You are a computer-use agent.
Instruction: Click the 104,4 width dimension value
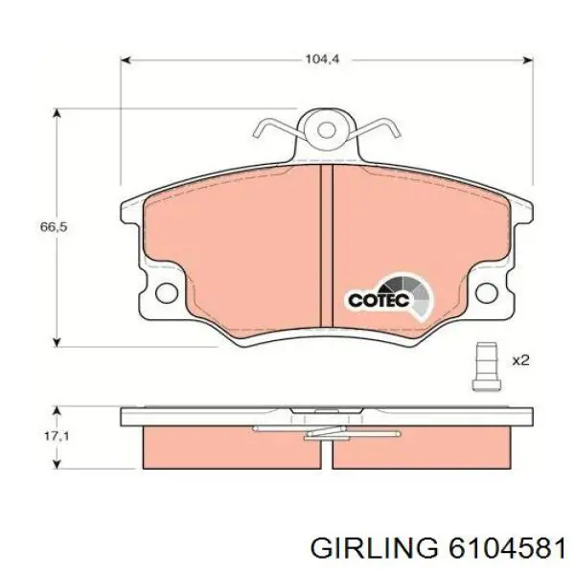pyautogui.click(x=323, y=58)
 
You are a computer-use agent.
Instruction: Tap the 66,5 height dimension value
pyautogui.click(x=54, y=227)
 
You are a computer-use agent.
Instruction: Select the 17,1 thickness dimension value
pyautogui.click(x=57, y=436)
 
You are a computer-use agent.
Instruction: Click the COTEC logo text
pyautogui.click(x=379, y=300)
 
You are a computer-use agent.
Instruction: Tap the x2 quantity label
pyautogui.click(x=520, y=360)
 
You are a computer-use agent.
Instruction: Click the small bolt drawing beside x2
pyautogui.click(x=486, y=367)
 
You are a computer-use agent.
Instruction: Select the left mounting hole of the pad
pyautogui.click(x=167, y=293)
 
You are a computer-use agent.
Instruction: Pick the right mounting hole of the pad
pyautogui.click(x=487, y=292)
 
